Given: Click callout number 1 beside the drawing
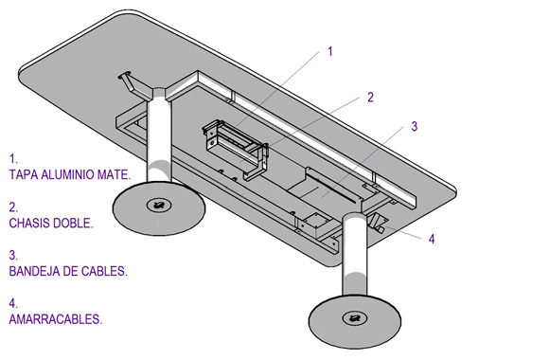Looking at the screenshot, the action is click(329, 51).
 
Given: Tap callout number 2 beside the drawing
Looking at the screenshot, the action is click(370, 97).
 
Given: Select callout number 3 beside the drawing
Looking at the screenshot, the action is click(415, 126).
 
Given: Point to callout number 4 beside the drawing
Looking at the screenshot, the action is click(432, 239).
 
